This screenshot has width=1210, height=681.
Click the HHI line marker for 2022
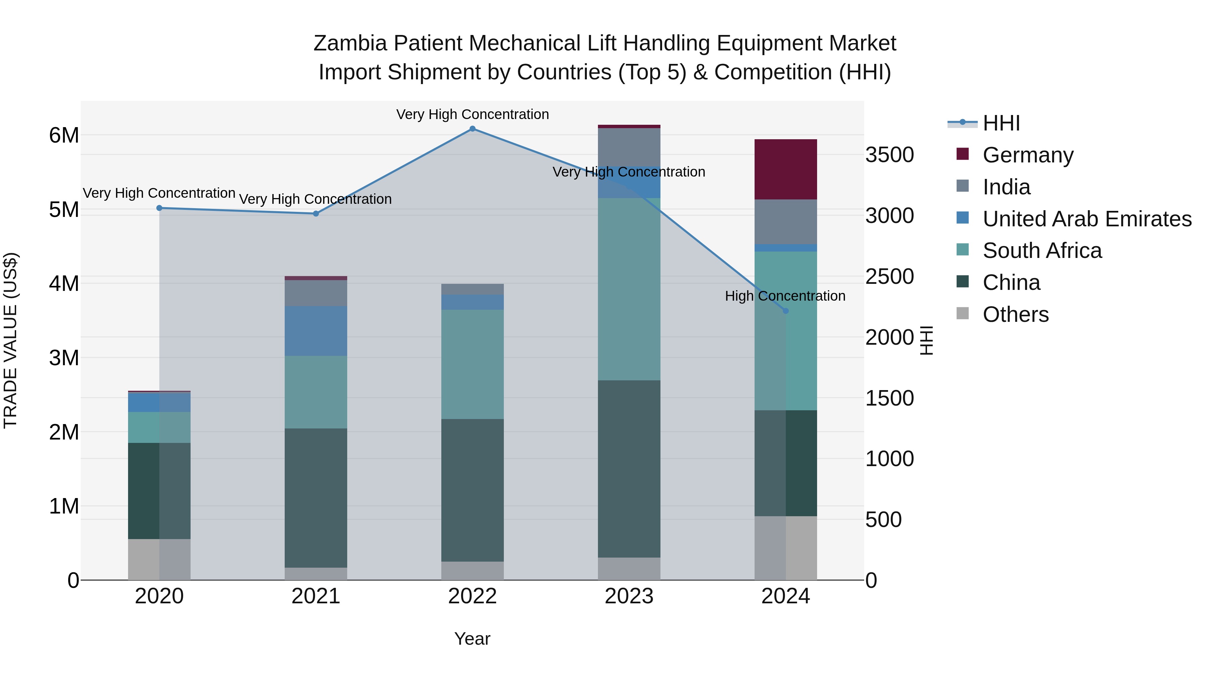(473, 129)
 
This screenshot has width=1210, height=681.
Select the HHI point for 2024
(785, 311)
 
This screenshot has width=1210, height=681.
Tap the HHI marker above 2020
(159, 208)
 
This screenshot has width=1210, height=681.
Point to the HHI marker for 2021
(316, 213)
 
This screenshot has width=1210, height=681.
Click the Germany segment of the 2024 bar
(785, 169)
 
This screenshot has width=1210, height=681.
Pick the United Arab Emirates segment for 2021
(316, 331)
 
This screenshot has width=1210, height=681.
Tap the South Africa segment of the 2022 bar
(473, 364)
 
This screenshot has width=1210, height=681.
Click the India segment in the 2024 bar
(785, 222)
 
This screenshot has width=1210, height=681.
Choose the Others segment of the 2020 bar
(159, 559)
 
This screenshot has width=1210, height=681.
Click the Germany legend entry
(1028, 155)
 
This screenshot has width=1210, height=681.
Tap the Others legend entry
(1015, 314)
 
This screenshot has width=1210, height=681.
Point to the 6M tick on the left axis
(64, 135)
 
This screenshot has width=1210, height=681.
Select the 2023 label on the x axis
(629, 596)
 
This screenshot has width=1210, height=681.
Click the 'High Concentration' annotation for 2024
(785, 296)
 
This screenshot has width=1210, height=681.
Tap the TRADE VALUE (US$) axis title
(10, 340)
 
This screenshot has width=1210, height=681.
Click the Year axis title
(472, 639)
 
